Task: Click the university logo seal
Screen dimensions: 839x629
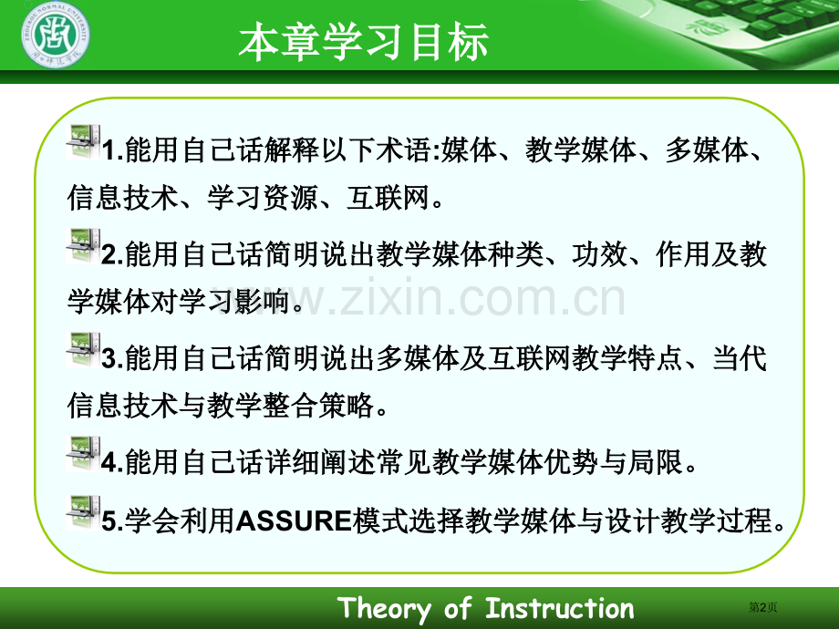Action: (56, 36)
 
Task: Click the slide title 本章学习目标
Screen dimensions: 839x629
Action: (363, 42)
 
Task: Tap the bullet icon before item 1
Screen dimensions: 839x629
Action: (84, 141)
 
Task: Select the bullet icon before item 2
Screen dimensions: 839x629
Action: (84, 246)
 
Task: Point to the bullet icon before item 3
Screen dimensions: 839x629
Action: (84, 350)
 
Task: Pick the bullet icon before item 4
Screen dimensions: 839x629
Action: (84, 454)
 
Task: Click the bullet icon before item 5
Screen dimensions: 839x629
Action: (84, 513)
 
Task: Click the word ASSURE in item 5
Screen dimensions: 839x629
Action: (294, 521)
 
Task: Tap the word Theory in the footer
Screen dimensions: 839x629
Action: (384, 609)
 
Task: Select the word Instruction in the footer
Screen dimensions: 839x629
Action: (560, 608)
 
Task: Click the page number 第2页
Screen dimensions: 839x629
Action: (762, 607)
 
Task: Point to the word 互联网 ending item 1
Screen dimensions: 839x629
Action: (388, 198)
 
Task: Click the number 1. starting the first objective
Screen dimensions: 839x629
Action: (113, 150)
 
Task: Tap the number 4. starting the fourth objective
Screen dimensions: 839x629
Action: (113, 462)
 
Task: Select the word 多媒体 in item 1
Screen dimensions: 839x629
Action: (707, 150)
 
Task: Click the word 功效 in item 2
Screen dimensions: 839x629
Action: (600, 254)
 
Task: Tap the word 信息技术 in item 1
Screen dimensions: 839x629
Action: (122, 198)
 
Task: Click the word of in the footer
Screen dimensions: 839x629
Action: (458, 608)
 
